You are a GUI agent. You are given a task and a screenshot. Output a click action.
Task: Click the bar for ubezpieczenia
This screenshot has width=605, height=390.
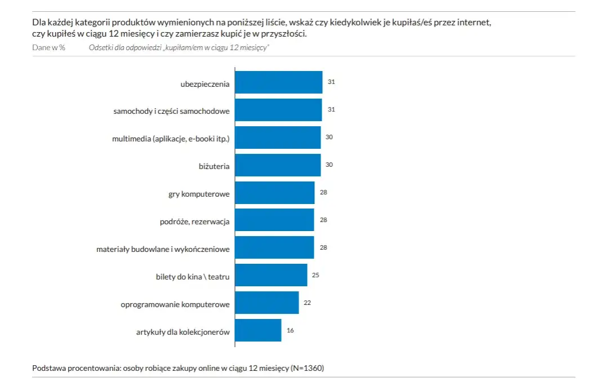point(278,82)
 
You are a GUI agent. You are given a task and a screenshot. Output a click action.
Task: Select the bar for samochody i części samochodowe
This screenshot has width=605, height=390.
point(278,110)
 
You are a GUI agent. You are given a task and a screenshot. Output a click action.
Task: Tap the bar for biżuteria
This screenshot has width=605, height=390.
point(278,165)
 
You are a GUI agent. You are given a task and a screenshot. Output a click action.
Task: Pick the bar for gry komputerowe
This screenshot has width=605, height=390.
point(274,193)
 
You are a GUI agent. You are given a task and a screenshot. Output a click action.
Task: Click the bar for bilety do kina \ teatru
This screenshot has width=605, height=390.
point(271,275)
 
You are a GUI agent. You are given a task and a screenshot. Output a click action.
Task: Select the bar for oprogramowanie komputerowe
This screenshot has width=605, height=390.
point(266,303)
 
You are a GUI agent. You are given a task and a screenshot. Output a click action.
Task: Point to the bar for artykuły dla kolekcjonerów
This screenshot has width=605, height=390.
point(258,330)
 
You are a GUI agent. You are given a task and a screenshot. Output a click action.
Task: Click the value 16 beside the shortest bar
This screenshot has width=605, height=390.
point(290,330)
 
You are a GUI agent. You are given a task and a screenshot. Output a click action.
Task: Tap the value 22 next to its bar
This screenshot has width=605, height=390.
point(307,303)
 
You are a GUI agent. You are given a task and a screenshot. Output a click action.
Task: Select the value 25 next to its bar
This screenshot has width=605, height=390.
point(315,275)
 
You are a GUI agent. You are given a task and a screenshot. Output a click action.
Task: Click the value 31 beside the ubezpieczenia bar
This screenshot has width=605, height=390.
point(331,82)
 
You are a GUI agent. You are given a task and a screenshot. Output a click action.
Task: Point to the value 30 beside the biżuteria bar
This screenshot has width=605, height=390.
point(330,165)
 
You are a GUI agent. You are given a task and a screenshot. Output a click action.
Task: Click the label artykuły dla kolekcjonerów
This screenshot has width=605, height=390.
point(183,333)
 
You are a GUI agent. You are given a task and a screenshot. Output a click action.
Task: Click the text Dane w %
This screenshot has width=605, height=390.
point(49,47)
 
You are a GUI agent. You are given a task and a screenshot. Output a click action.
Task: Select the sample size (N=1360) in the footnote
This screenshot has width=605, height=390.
point(307,368)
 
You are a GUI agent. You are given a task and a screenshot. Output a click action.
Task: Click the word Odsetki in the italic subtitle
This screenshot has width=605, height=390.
point(101,47)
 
